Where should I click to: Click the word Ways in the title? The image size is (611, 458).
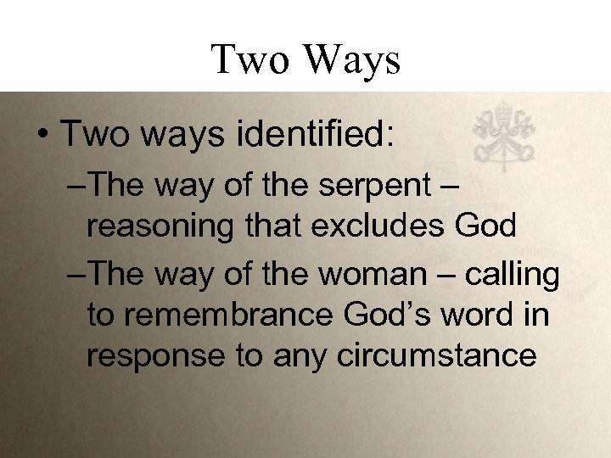[351, 60]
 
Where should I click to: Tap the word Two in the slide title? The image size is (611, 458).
[250, 60]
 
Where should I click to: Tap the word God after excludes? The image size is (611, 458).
[485, 226]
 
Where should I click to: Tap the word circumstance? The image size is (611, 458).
[437, 356]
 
